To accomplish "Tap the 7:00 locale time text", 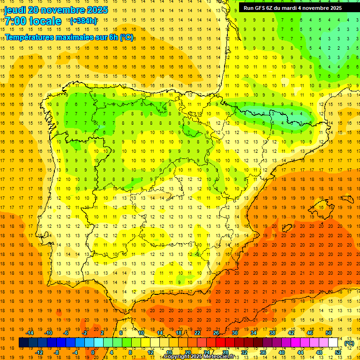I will [33, 21].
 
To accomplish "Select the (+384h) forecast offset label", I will [83, 21].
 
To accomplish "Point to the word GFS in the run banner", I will [261, 8].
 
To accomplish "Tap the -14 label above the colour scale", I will [30, 333].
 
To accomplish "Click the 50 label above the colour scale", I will [329, 333].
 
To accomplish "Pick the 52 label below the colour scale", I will [338, 352].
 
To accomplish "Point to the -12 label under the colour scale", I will [39, 352].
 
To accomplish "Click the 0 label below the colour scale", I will [93, 352].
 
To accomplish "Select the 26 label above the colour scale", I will [216, 333].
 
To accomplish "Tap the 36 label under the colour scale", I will [263, 352].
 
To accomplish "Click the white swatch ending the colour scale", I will [333, 343].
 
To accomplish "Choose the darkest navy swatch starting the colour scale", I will [23, 343].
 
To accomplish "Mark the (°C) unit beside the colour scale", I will [349, 343].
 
